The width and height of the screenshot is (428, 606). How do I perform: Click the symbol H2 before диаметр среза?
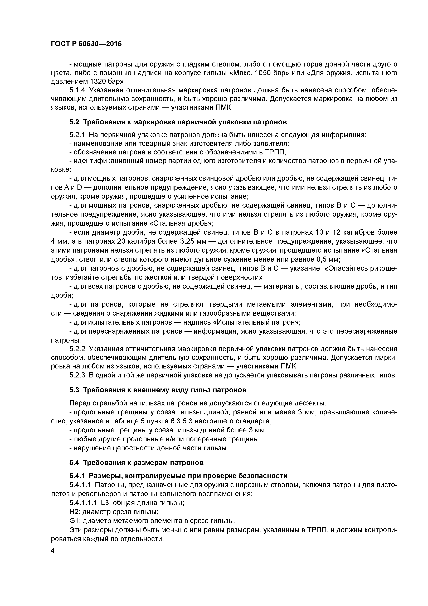tap(74, 512)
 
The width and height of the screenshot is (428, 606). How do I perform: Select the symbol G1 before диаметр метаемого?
tap(74, 521)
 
